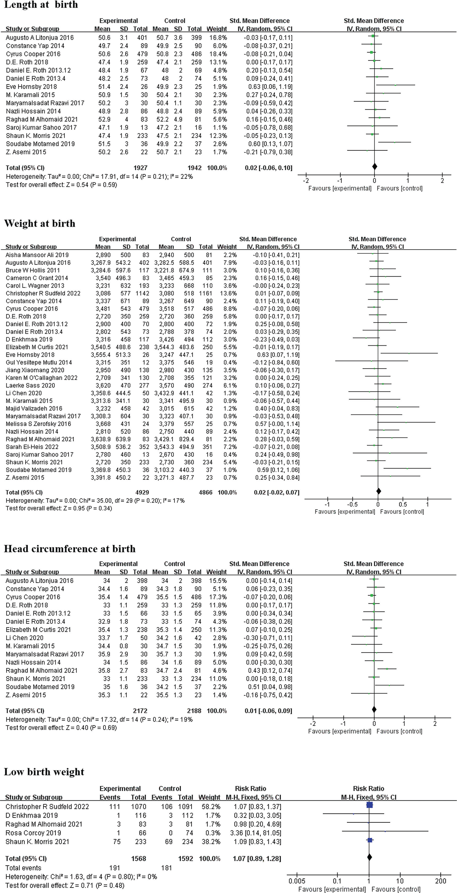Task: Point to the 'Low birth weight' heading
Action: (x=44, y=772)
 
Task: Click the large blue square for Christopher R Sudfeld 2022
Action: (x=370, y=805)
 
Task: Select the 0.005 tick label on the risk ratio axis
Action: (x=297, y=881)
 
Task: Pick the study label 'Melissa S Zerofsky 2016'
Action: (x=38, y=424)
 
